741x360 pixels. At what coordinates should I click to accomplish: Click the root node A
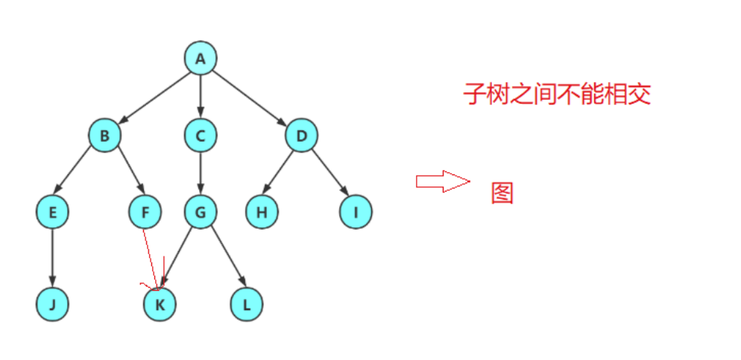tap(201, 59)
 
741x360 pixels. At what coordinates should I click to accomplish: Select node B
tap(104, 136)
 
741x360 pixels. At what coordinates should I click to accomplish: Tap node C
tap(201, 136)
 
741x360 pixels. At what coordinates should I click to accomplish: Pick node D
tap(301, 136)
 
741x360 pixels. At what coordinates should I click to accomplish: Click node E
tap(52, 213)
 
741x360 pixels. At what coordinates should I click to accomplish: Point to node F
tap(145, 213)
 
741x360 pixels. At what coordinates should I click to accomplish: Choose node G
tap(201, 213)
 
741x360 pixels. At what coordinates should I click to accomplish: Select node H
tap(262, 213)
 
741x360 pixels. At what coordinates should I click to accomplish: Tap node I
tap(356, 213)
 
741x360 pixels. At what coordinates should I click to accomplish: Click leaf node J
tap(52, 304)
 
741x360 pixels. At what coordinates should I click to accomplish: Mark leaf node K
tap(160, 304)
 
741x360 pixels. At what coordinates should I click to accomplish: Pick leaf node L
tap(247, 304)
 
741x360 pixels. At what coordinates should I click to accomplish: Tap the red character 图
tap(502, 193)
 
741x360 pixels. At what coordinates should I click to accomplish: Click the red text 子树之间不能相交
tap(557, 95)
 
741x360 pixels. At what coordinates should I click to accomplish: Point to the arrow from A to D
tap(251, 98)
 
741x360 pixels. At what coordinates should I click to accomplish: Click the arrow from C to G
tap(201, 174)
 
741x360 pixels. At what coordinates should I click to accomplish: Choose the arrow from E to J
tap(52, 258)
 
